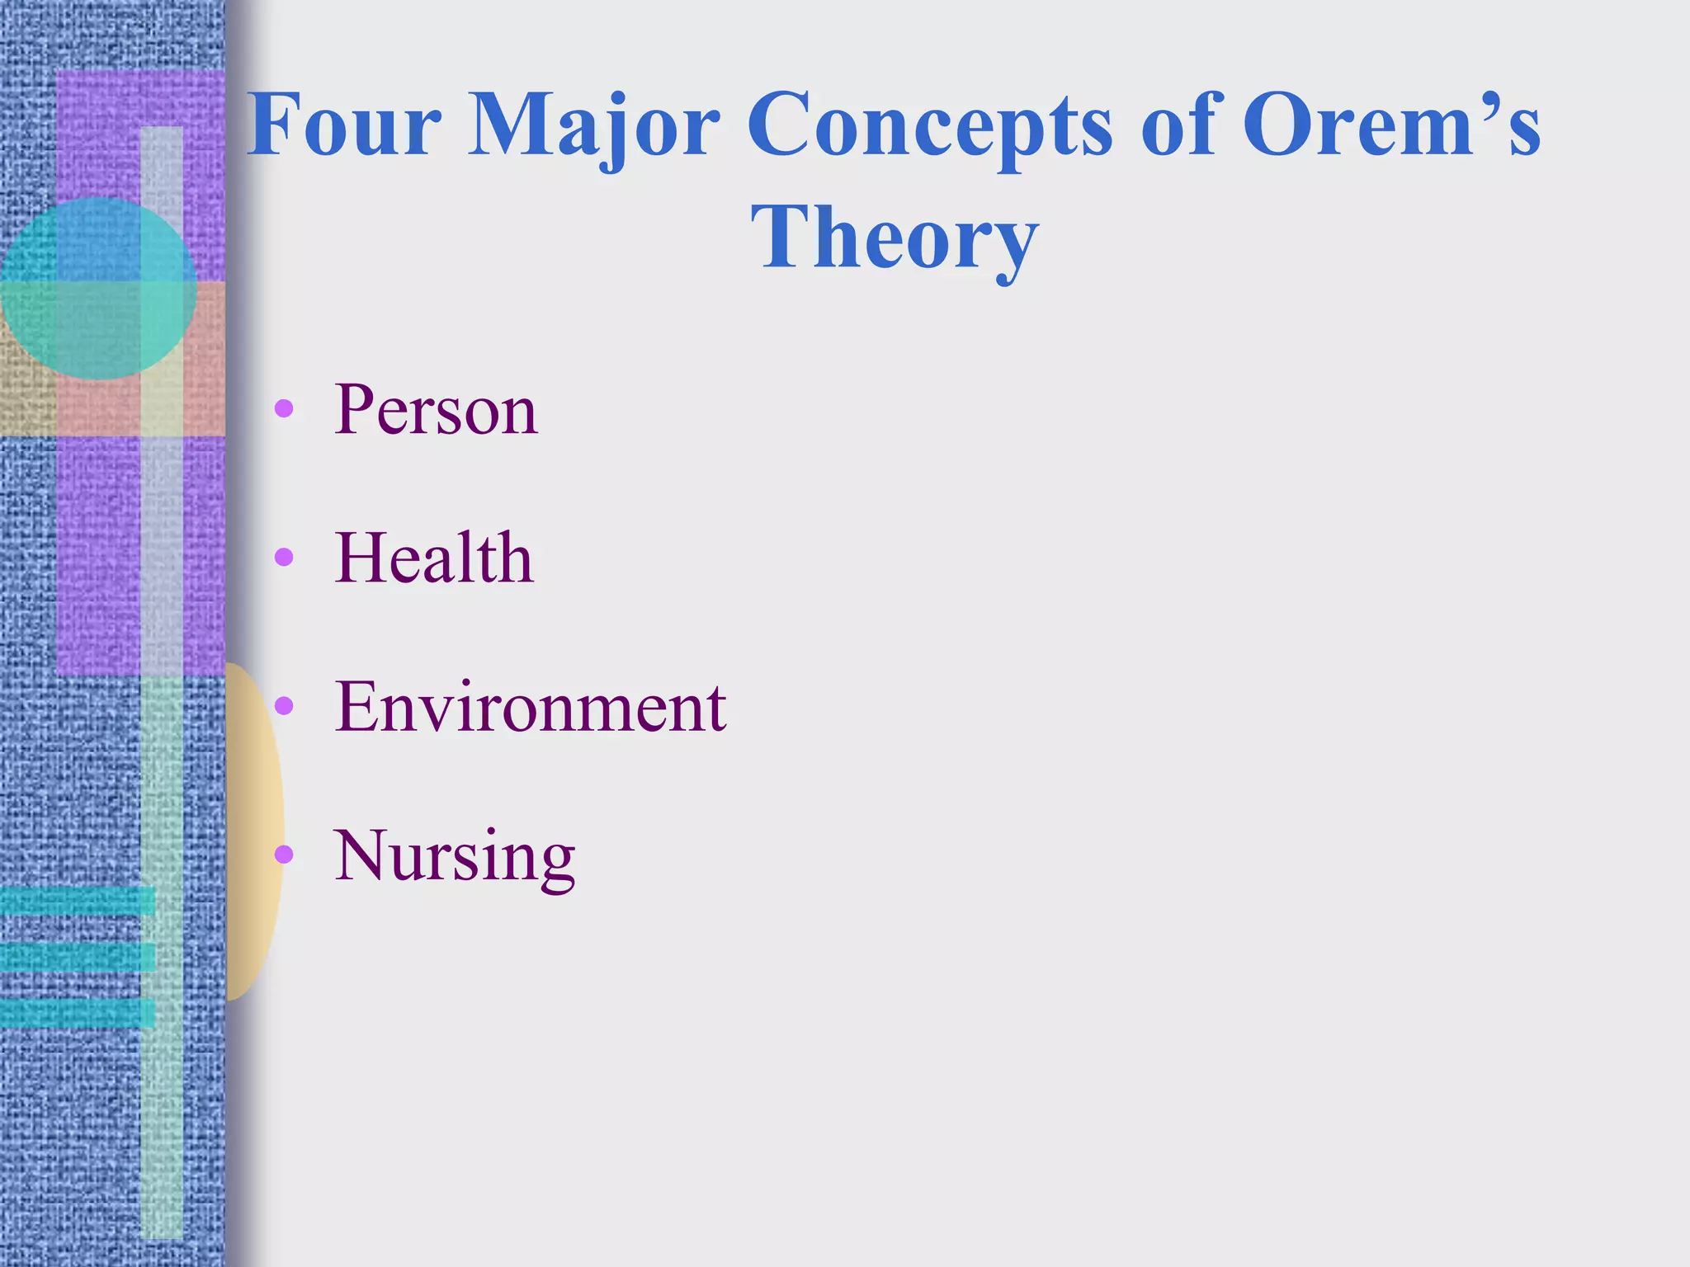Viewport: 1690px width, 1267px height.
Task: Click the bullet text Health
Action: point(434,558)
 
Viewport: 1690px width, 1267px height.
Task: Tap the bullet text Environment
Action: point(530,707)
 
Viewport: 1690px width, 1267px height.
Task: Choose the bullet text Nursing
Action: point(454,857)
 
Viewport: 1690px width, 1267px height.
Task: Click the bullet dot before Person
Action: point(284,408)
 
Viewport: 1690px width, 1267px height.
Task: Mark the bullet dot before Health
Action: point(284,558)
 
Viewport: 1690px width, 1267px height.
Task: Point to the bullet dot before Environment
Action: point(284,705)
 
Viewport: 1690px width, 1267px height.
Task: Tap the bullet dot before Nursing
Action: point(284,855)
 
